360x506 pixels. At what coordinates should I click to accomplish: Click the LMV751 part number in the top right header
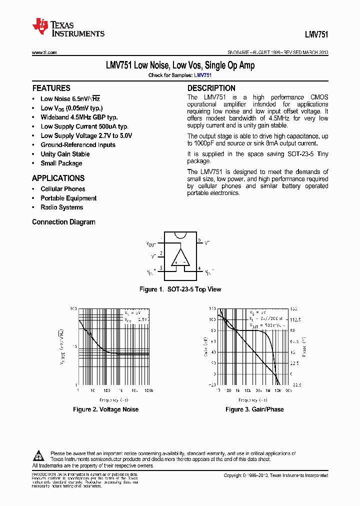pyautogui.click(x=316, y=35)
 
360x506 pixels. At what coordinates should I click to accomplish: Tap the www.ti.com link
pyautogui.click(x=44, y=52)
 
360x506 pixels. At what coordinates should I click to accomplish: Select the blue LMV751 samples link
pyautogui.click(x=202, y=75)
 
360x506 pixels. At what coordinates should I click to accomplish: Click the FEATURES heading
pyautogui.click(x=51, y=88)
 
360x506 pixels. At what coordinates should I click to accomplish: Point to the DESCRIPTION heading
pyautogui.click(x=211, y=88)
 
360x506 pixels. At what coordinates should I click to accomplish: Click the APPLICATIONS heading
pyautogui.click(x=58, y=178)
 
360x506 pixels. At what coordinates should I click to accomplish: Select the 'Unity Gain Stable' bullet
pyautogui.click(x=65, y=154)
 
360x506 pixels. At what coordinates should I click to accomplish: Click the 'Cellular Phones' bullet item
pyautogui.click(x=62, y=189)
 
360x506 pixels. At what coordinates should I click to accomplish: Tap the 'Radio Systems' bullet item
pyautogui.click(x=61, y=207)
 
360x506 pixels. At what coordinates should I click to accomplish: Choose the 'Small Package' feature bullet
pyautogui.click(x=61, y=163)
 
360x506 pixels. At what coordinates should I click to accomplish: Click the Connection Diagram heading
pyautogui.click(x=63, y=222)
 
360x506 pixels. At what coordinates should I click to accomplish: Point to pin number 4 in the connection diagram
pyautogui.click(x=199, y=269)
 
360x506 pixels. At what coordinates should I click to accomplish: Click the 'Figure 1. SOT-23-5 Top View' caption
pyautogui.click(x=179, y=289)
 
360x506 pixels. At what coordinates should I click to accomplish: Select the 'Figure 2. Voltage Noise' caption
pyautogui.click(x=105, y=409)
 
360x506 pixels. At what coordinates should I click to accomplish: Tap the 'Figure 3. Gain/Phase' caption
pyautogui.click(x=254, y=409)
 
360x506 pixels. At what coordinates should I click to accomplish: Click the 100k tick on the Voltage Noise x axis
pyautogui.click(x=148, y=390)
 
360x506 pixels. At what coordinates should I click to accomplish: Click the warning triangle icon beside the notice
pyautogui.click(x=38, y=455)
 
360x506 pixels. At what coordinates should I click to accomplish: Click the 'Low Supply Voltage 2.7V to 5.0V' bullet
pyautogui.click(x=86, y=135)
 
